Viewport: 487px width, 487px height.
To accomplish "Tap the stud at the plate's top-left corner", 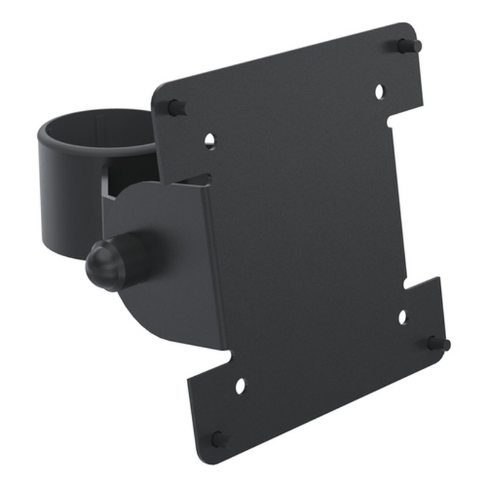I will (176, 108).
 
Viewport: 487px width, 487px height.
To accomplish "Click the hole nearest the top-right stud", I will (379, 91).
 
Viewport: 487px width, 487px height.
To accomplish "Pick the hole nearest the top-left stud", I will (209, 141).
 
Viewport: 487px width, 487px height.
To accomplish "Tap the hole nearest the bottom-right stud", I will (402, 317).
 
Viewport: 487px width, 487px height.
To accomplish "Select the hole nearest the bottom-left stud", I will (240, 385).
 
